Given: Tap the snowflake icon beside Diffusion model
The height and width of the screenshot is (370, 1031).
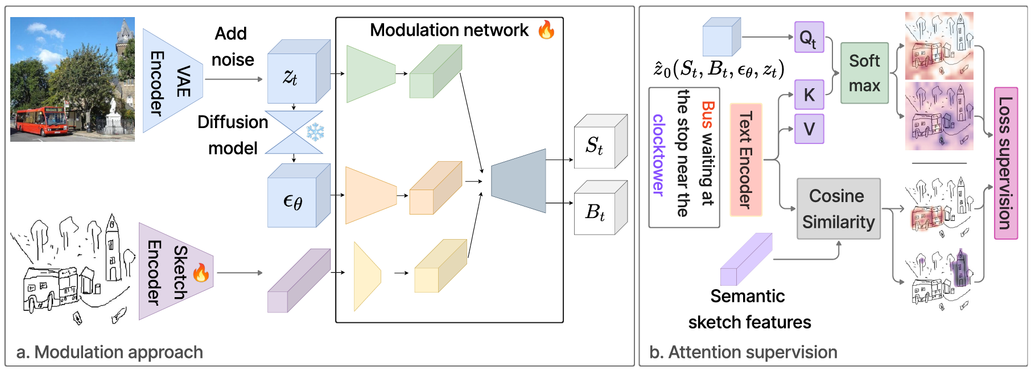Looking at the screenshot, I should pyautogui.click(x=315, y=132).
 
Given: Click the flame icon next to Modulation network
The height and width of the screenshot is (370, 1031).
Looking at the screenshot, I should pyautogui.click(x=546, y=30).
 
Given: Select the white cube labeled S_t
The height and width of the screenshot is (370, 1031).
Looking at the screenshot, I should pyautogui.click(x=595, y=146).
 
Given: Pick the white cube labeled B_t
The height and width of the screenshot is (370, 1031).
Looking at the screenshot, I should pyautogui.click(x=595, y=212).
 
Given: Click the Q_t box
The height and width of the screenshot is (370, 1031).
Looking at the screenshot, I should pyautogui.click(x=809, y=38).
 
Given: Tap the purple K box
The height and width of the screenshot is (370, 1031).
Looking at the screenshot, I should pyautogui.click(x=809, y=94).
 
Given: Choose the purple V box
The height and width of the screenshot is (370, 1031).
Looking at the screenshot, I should pyautogui.click(x=809, y=129).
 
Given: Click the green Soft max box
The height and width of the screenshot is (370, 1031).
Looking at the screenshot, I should pyautogui.click(x=864, y=73).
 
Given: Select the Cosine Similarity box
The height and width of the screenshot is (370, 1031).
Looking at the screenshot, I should pyautogui.click(x=838, y=209).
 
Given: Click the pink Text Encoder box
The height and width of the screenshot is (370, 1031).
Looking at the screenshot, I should pyautogui.click(x=745, y=159).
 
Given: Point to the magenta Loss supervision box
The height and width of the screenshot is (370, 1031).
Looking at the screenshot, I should pyautogui.click(x=1005, y=163).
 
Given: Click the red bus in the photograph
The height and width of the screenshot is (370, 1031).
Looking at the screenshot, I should pyautogui.click(x=41, y=121).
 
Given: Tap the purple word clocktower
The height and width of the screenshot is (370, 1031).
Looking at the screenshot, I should pyautogui.click(x=658, y=155).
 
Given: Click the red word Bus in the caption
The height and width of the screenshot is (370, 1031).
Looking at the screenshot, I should pyautogui.click(x=708, y=114).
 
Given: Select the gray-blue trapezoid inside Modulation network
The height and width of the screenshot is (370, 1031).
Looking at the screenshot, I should pyautogui.click(x=518, y=181).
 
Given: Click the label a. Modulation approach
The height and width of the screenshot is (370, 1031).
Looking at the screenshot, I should pyautogui.click(x=110, y=352).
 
